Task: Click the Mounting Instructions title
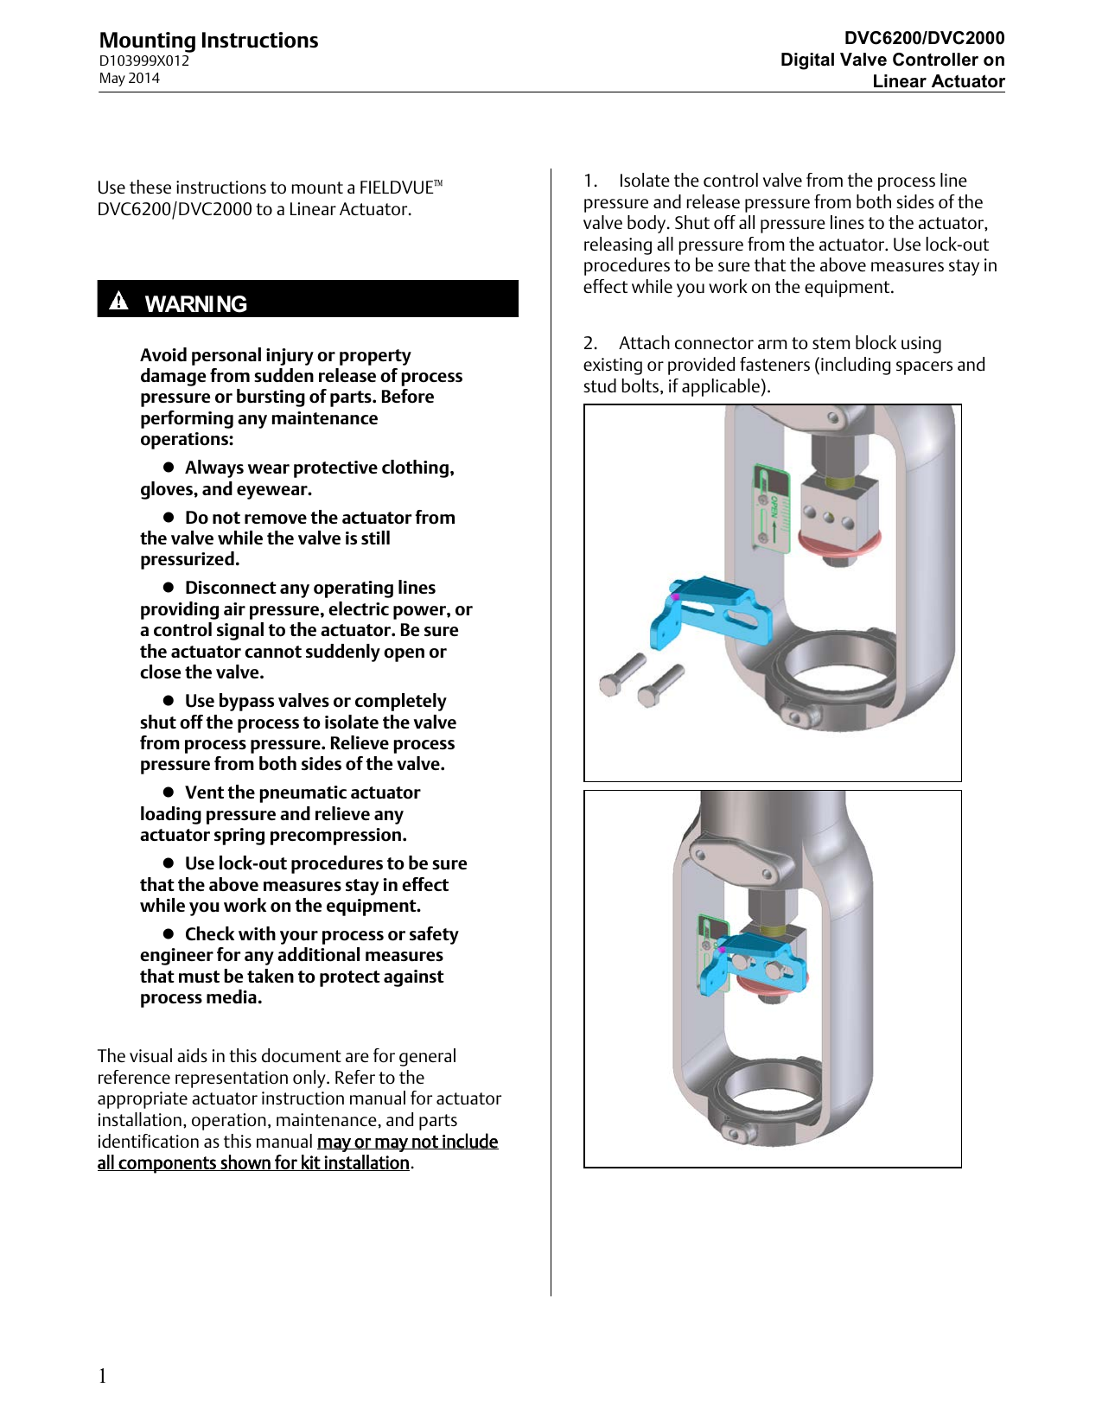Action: coord(208,41)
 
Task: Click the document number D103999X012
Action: coord(143,61)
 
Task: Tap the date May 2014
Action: coord(129,79)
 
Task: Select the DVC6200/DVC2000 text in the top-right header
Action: coord(924,38)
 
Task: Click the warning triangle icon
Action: coord(119,301)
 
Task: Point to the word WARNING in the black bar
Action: coord(195,304)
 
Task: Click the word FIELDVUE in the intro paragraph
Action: coord(396,188)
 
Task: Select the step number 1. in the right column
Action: coord(590,181)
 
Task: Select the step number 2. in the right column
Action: coord(590,343)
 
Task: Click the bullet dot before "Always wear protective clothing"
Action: coord(169,467)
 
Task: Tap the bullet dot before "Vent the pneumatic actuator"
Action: coord(169,792)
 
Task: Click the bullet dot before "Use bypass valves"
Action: coord(169,700)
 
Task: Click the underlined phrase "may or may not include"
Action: coord(407,1142)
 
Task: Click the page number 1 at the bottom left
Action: coord(103,1376)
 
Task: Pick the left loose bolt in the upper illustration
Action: coord(621,675)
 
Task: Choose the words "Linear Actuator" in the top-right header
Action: coord(938,81)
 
